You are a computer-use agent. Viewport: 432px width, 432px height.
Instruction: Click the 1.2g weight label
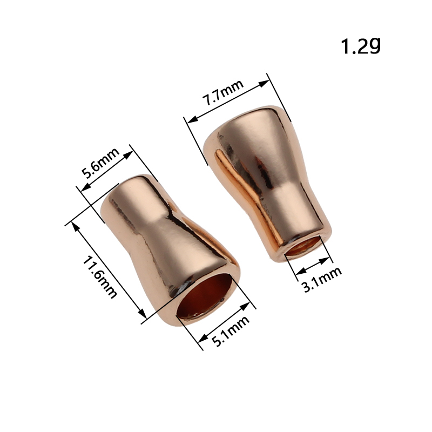361,46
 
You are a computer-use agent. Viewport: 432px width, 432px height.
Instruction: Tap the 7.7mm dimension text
223,92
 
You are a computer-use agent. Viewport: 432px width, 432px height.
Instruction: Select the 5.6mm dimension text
101,163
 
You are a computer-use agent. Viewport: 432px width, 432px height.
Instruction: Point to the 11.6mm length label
100,277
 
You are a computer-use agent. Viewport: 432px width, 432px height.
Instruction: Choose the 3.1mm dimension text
322,279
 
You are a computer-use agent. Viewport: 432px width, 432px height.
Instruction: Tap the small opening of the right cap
303,246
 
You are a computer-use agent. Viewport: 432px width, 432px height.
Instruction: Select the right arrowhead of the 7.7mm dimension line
264,83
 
